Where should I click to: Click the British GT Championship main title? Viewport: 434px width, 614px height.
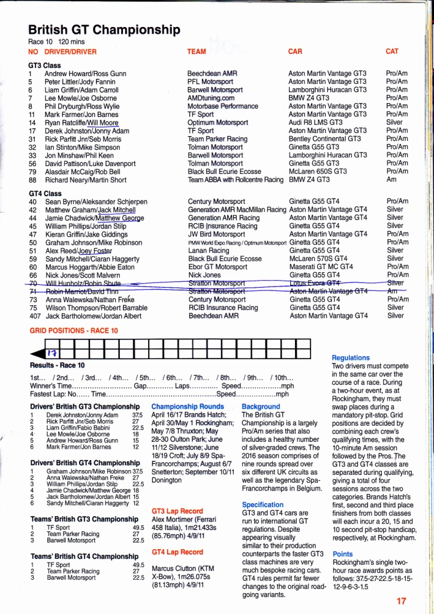(104, 30)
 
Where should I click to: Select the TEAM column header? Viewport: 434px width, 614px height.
(196, 52)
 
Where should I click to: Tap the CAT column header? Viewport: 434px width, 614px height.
(392, 52)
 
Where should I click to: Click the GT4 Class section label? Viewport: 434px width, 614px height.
(45, 194)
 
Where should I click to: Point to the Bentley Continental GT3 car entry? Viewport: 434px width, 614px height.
(324, 139)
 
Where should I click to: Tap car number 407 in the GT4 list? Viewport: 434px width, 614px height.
(35, 315)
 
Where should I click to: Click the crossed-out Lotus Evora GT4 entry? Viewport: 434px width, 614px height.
(315, 282)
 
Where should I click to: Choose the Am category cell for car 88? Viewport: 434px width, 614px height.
(391, 179)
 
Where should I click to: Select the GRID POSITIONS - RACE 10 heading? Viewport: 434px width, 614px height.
(74, 330)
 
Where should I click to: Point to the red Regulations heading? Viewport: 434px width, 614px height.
(351, 357)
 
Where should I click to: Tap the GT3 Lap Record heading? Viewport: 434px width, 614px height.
(177, 511)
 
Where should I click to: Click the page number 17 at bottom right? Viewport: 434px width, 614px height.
(402, 600)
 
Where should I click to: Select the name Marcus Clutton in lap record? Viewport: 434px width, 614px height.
(174, 568)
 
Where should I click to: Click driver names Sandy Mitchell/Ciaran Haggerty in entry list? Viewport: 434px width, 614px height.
(92, 259)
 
